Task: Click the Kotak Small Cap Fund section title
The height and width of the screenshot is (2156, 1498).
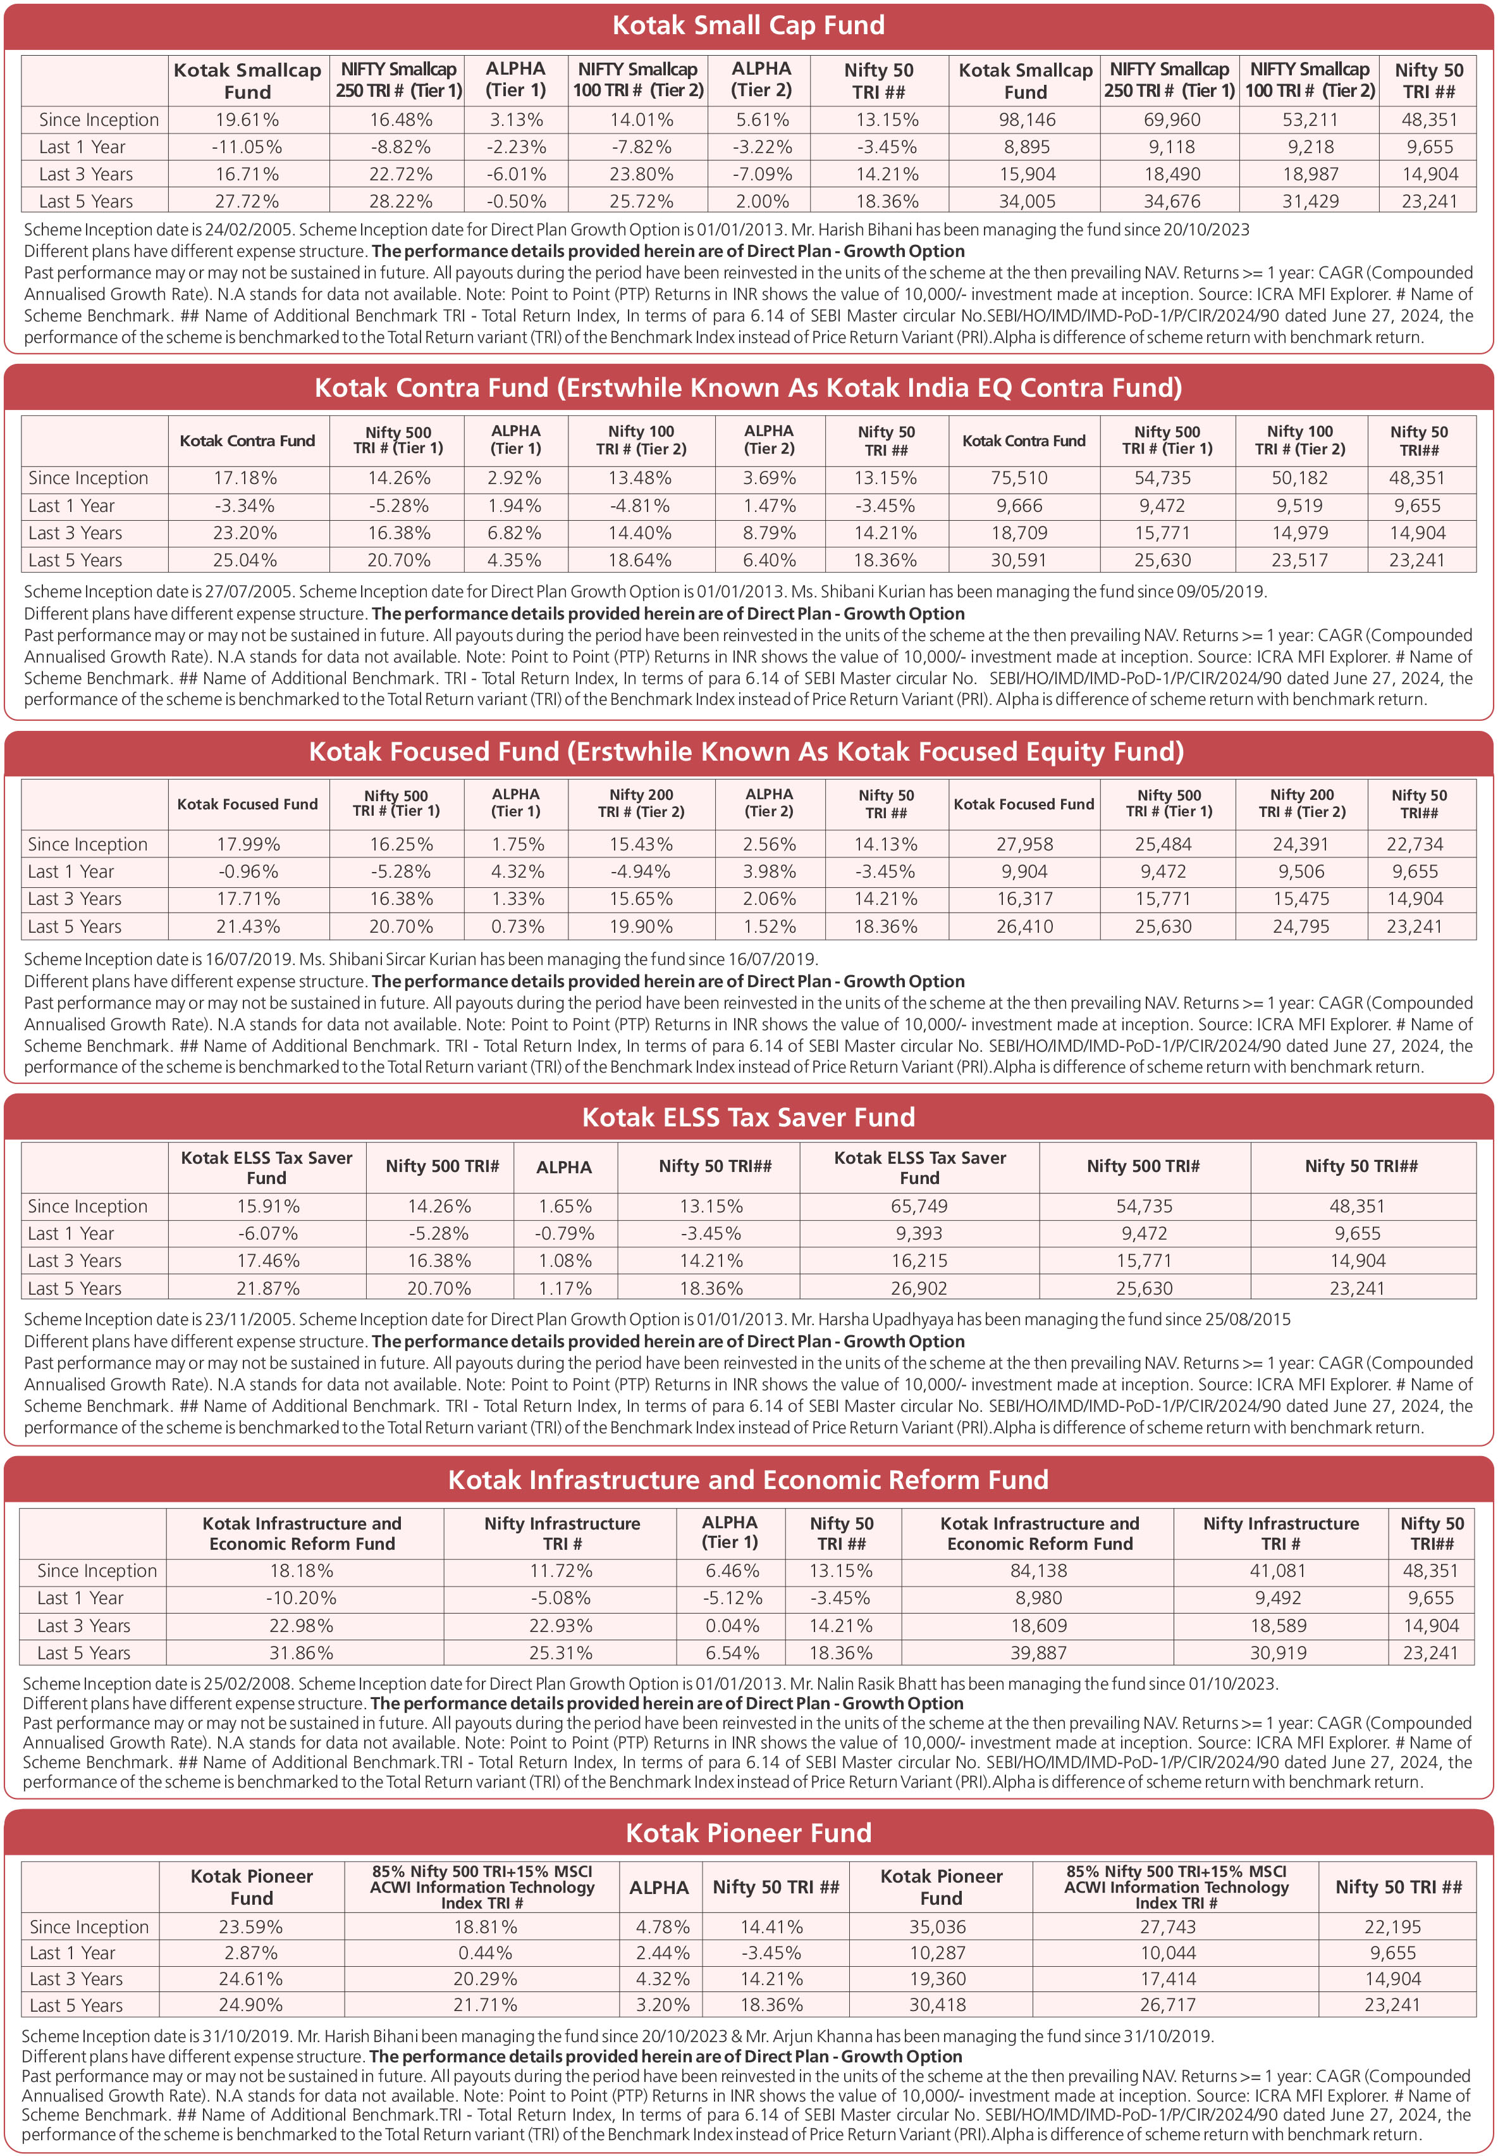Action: click(x=748, y=25)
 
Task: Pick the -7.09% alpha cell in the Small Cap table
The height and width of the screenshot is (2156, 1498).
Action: click(x=761, y=175)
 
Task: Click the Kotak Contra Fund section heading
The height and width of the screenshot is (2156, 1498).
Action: click(x=748, y=388)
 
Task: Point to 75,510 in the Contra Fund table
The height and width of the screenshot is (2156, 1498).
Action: click(x=1019, y=478)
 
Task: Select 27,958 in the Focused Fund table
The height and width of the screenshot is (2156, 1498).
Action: click(x=1024, y=844)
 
